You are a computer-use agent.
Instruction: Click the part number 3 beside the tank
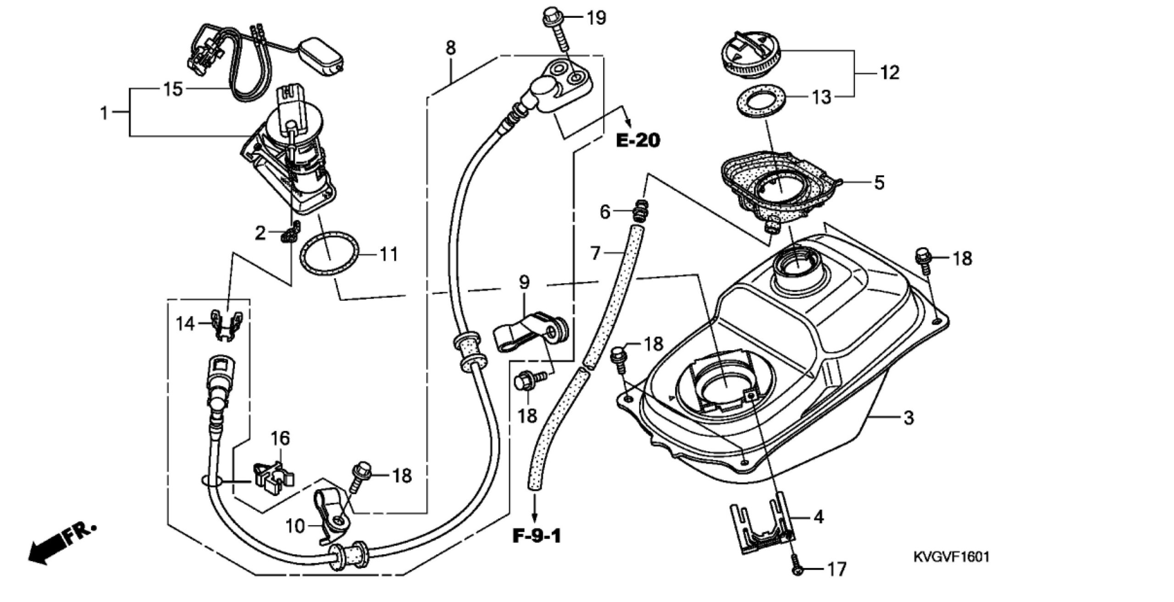tap(908, 418)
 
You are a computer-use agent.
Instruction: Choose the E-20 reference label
tap(638, 140)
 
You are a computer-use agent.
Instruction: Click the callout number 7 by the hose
tap(595, 253)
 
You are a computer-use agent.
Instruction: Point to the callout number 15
tap(173, 89)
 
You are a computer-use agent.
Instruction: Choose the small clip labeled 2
tap(290, 232)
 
